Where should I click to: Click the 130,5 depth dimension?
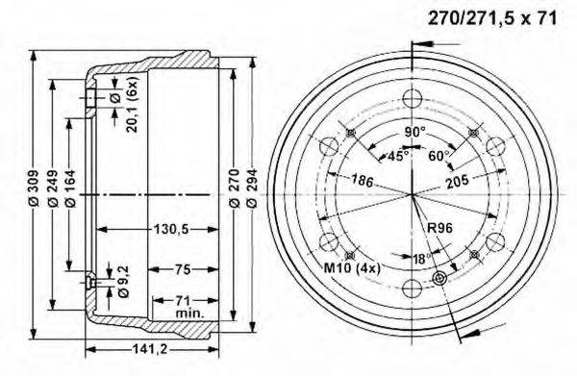click(x=169, y=229)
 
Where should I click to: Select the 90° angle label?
click(x=414, y=131)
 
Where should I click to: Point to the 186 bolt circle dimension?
click(x=362, y=180)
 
